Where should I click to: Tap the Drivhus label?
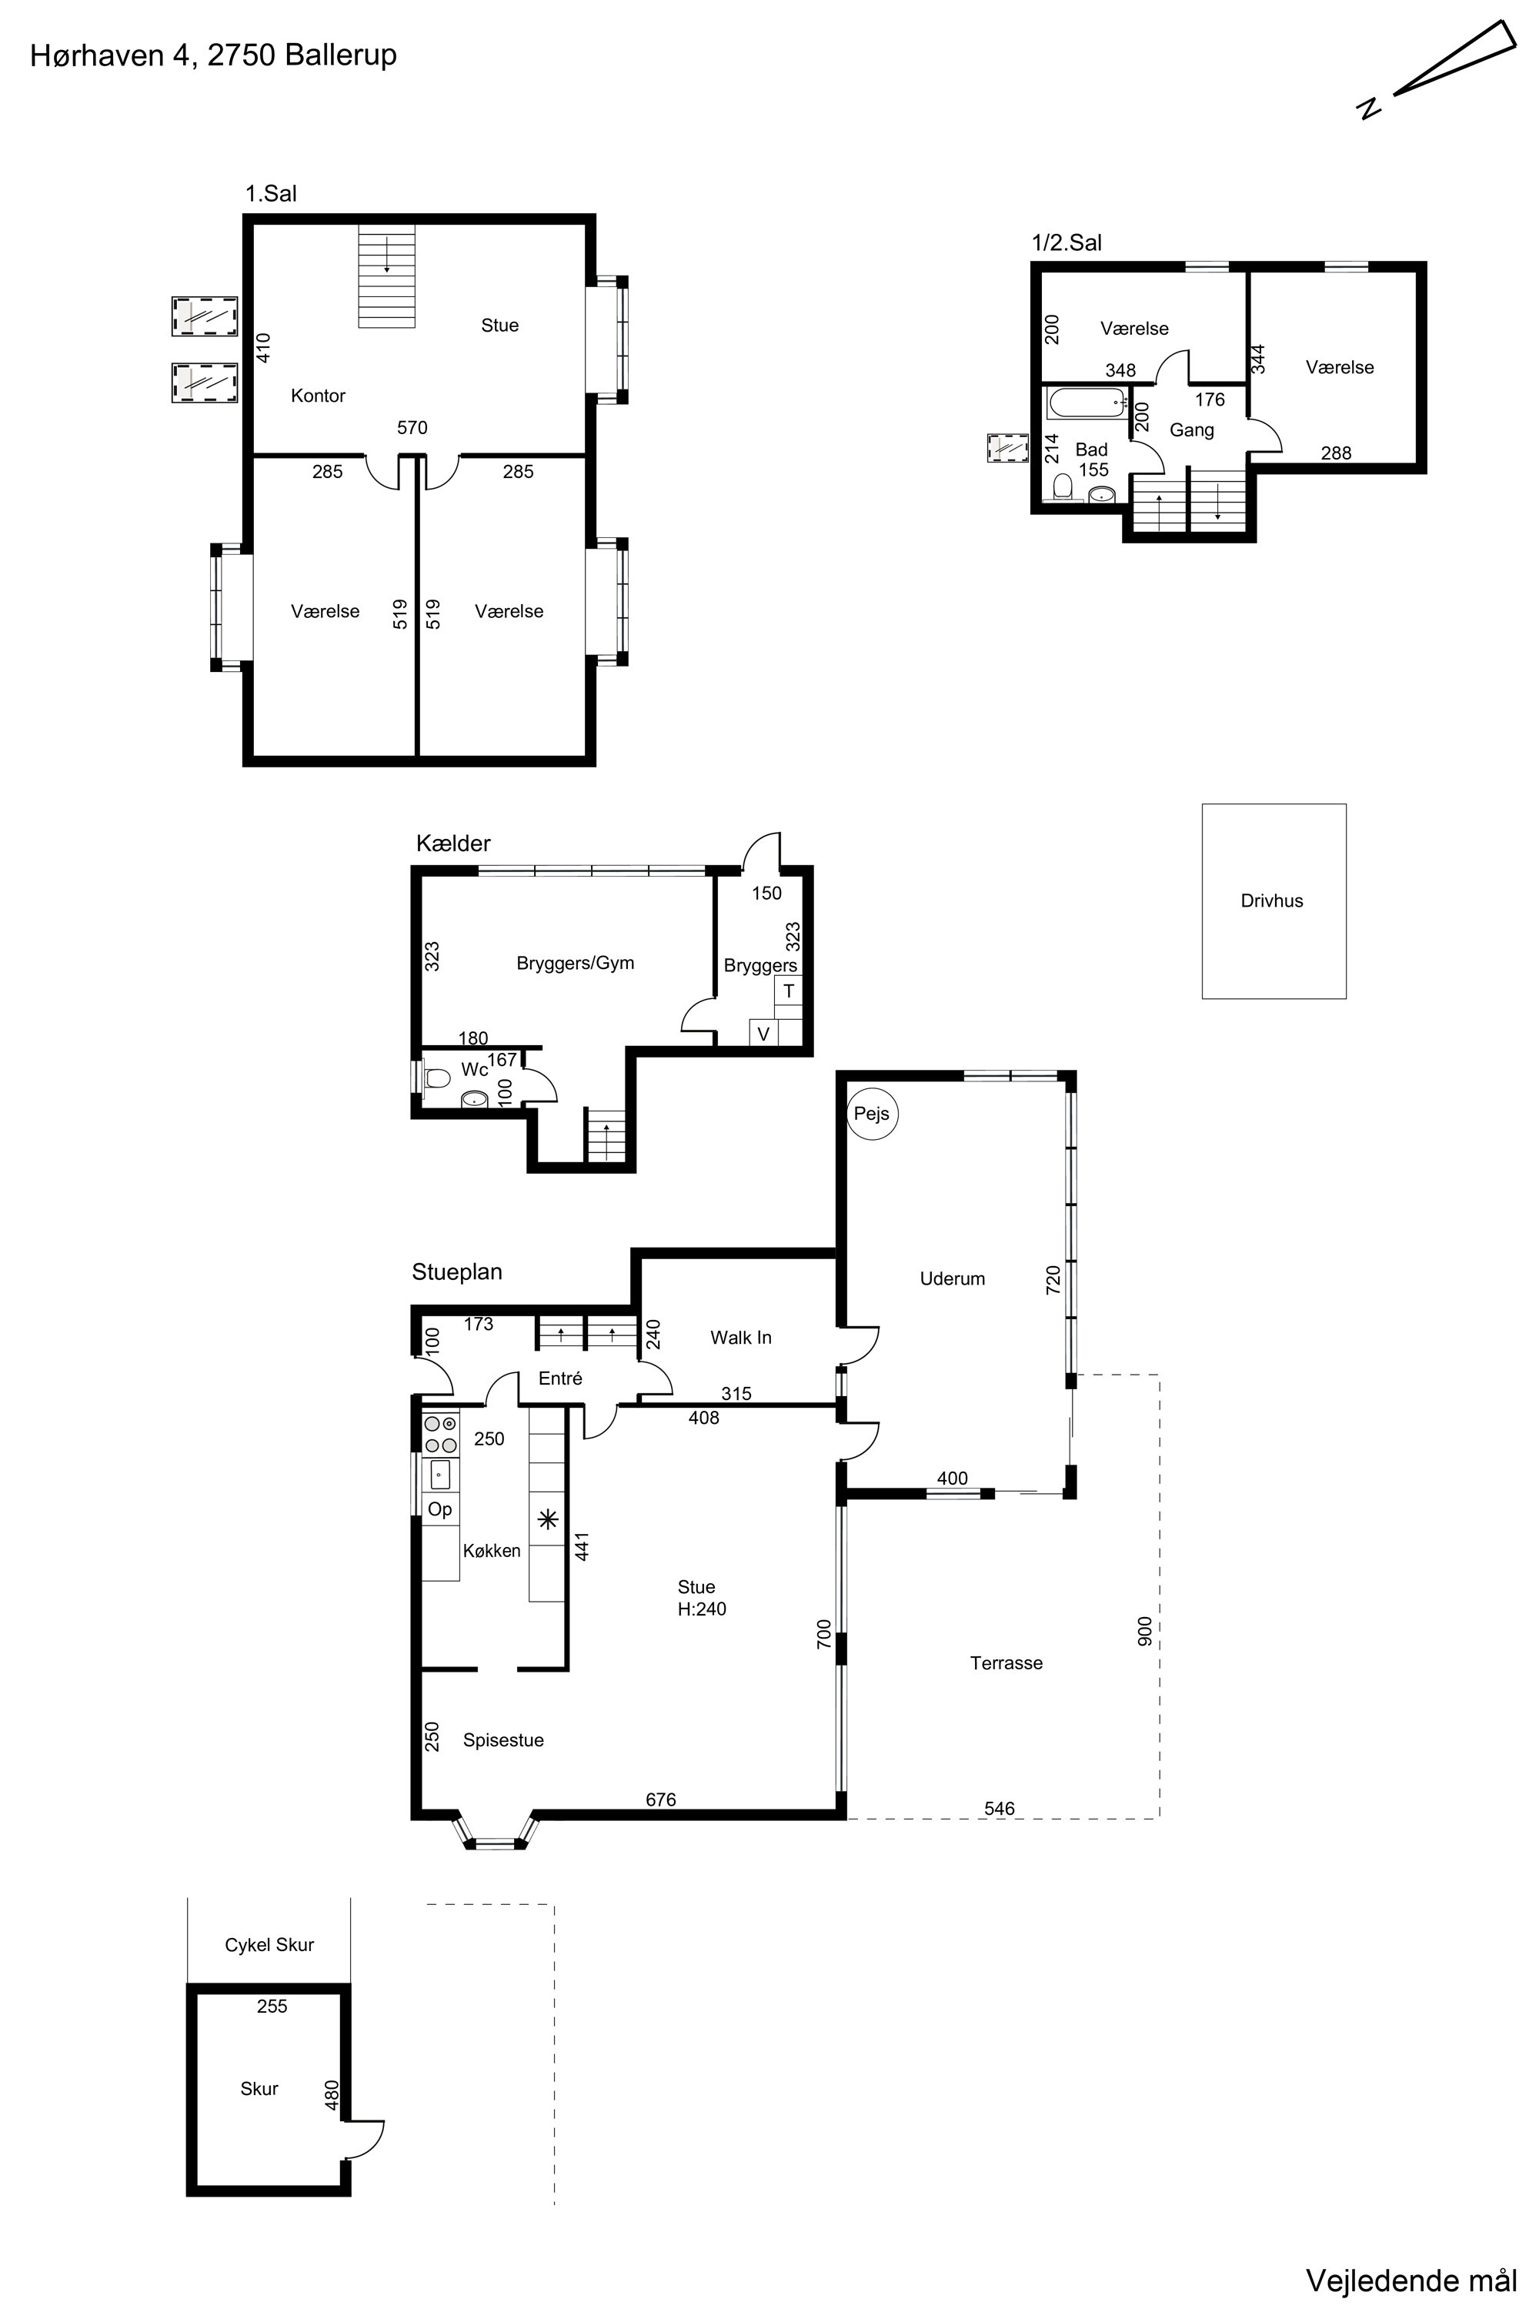[1272, 901]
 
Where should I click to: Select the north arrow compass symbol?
[1438, 69]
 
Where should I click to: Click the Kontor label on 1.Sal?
[318, 396]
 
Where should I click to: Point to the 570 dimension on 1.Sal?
[412, 427]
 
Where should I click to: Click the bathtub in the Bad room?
[1087, 403]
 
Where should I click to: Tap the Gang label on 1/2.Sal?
[1191, 430]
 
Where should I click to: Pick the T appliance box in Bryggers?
[788, 991]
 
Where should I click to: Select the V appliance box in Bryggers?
[763, 1034]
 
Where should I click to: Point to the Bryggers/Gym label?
[575, 963]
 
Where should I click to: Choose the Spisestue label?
[503, 1740]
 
